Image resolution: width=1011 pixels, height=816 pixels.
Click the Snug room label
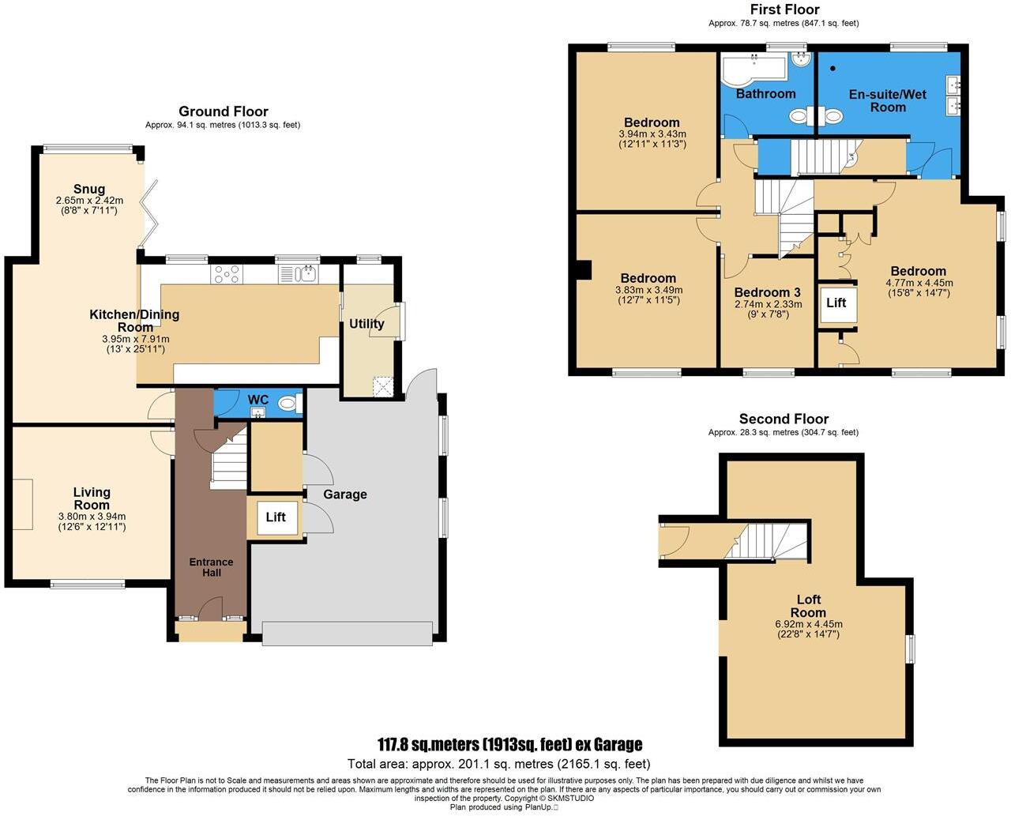coord(89,189)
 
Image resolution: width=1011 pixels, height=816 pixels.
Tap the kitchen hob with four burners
coord(227,274)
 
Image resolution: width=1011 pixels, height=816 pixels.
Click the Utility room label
coord(366,323)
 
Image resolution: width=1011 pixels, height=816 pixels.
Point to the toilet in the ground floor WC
coord(288,404)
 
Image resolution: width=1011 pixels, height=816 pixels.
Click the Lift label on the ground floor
coord(275,517)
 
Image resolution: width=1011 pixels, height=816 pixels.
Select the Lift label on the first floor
coord(836,303)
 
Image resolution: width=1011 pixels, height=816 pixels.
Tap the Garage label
coord(345,494)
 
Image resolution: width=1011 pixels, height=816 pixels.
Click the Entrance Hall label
coord(211,567)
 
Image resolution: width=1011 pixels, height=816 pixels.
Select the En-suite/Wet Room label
coord(888,100)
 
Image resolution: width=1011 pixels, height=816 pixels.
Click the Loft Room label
coord(808,606)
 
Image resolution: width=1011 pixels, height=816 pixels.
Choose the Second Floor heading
coord(784,419)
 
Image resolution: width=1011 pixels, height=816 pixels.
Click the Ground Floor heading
coord(223,111)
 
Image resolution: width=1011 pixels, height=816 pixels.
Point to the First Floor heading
coord(784,9)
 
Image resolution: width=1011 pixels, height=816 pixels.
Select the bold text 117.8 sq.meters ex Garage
coord(509,744)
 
